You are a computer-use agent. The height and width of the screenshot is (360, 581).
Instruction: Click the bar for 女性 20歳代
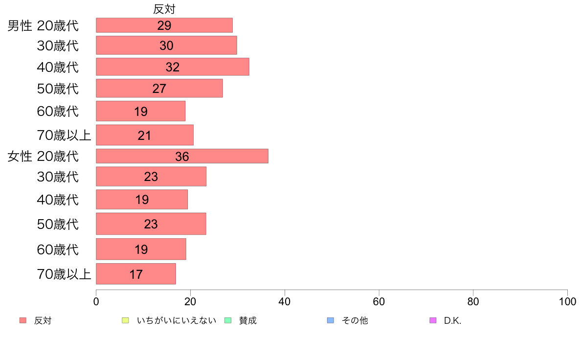(182, 156)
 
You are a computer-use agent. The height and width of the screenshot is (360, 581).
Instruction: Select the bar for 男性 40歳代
(172, 67)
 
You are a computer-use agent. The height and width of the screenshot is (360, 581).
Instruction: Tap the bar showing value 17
(135, 274)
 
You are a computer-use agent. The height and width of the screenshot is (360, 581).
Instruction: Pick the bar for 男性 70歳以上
(144, 135)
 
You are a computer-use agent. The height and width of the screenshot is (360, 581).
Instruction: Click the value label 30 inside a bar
(166, 46)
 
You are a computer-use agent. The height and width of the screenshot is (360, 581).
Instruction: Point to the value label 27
(159, 89)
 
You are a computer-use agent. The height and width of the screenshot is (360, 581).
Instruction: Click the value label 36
(182, 157)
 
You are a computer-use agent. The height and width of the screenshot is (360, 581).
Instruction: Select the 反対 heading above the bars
(164, 9)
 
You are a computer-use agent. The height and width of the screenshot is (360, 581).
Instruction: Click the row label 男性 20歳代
(43, 25)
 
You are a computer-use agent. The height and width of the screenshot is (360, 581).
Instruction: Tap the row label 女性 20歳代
(43, 157)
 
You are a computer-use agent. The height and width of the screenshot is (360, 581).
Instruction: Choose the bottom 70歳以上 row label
(64, 274)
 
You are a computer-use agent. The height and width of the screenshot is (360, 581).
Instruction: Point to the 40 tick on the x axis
(285, 301)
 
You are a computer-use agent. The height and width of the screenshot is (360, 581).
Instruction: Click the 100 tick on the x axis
(567, 301)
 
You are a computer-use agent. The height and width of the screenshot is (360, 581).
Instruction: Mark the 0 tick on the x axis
(96, 301)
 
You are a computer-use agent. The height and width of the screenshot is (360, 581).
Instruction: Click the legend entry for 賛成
(247, 321)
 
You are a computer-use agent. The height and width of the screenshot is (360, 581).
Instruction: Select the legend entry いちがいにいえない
(176, 321)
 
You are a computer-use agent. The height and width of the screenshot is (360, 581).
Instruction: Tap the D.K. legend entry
(452, 321)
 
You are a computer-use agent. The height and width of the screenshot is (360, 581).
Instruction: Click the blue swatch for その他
(330, 320)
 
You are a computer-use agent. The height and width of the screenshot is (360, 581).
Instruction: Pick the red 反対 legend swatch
(22, 320)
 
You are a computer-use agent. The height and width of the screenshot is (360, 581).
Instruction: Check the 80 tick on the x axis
(473, 301)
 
